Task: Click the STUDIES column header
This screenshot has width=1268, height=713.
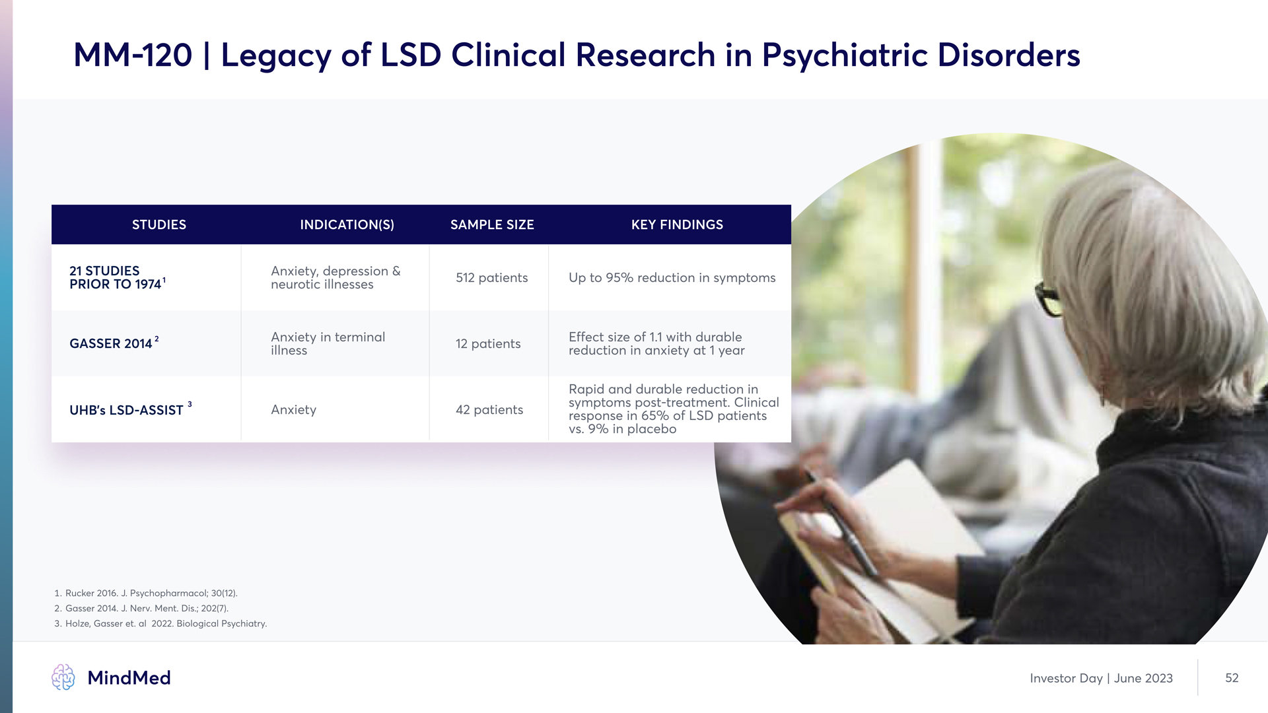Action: point(159,225)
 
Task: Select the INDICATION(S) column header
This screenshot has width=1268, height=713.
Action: point(347,225)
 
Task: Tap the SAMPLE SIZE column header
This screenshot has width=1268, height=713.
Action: point(492,225)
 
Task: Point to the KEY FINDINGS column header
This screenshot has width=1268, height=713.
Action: point(677,225)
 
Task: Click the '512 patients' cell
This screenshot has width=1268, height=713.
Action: point(491,278)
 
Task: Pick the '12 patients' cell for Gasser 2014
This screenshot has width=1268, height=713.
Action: point(488,344)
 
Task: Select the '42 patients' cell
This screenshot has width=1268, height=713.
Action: point(489,410)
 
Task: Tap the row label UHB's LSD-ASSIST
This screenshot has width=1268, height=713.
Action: point(130,409)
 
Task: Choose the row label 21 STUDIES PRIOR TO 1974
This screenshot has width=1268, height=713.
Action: point(117,278)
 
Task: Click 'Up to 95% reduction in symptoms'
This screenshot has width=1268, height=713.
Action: point(672,278)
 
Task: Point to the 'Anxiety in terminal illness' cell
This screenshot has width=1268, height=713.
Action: point(328,344)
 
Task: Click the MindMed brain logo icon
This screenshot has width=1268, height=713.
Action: point(63,677)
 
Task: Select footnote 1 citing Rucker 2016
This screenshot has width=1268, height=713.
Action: point(146,594)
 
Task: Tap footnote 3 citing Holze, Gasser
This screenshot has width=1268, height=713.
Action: point(160,624)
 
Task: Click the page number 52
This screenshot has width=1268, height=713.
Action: point(1232,678)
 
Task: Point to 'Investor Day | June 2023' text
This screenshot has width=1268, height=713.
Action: point(1101,679)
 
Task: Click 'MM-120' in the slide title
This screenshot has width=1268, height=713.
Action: point(133,55)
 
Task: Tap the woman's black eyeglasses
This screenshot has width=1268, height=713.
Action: point(1048,299)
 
